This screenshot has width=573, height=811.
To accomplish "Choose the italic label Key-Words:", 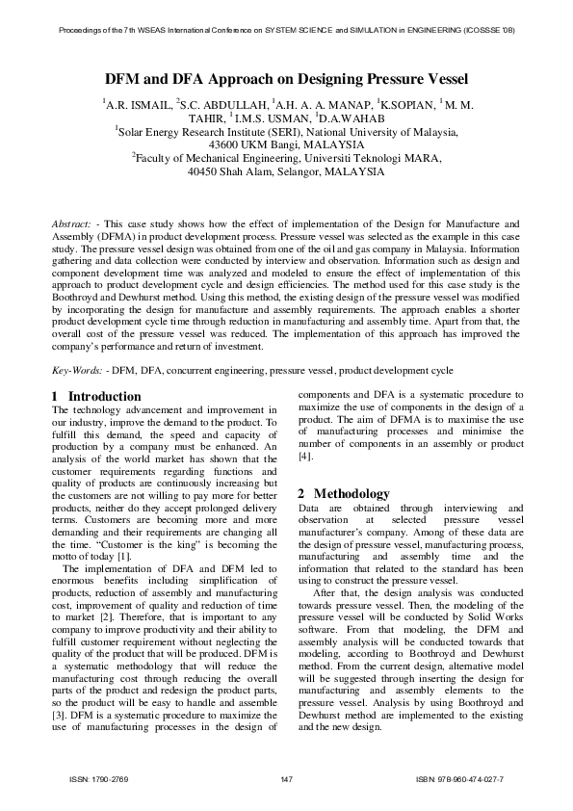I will [77, 371].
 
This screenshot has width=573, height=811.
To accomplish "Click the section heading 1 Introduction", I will [95, 396].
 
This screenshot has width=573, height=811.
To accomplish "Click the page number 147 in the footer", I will [286, 778].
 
